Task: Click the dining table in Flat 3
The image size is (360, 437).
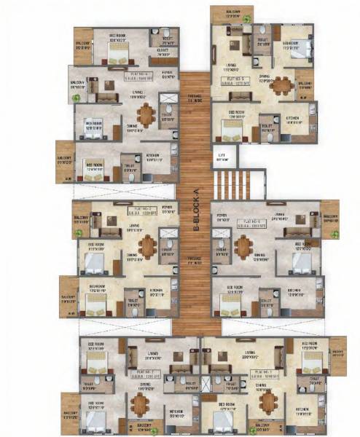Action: tap(148, 247)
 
